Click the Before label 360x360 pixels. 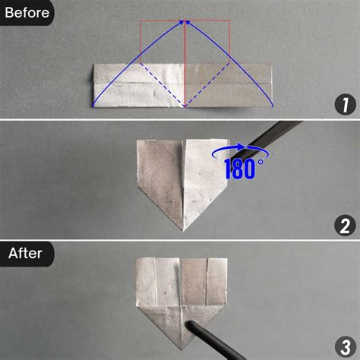coord(27,11)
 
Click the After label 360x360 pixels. coord(27,253)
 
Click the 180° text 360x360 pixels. coord(244,168)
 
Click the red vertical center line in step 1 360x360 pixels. coord(185,68)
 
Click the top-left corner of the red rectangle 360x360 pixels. coord(141,21)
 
